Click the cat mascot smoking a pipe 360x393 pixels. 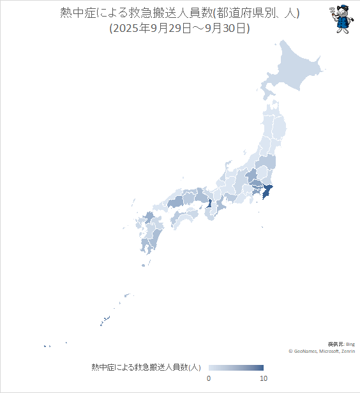tap(340, 20)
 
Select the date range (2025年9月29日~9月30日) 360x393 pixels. tap(179, 29)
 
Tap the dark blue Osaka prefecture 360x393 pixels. tap(209, 204)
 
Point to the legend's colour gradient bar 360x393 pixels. tap(236, 367)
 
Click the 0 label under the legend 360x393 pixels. tap(209, 378)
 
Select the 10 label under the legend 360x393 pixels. tap(263, 378)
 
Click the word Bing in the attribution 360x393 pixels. tap(350, 344)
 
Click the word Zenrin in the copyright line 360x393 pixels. tap(349, 351)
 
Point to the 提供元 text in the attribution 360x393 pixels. tap(335, 344)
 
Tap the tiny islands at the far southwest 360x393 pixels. tap(47, 346)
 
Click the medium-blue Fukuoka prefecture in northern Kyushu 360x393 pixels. tap(148, 220)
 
